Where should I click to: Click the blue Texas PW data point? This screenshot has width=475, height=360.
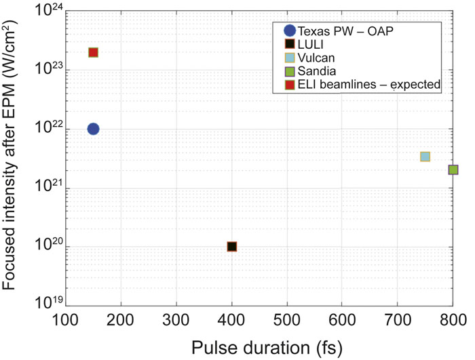[94, 129]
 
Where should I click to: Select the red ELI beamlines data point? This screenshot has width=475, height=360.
[94, 52]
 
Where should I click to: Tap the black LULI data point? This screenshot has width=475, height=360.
[232, 247]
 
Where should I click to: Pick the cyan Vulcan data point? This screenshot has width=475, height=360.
[425, 157]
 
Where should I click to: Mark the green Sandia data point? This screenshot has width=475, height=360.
[453, 169]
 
